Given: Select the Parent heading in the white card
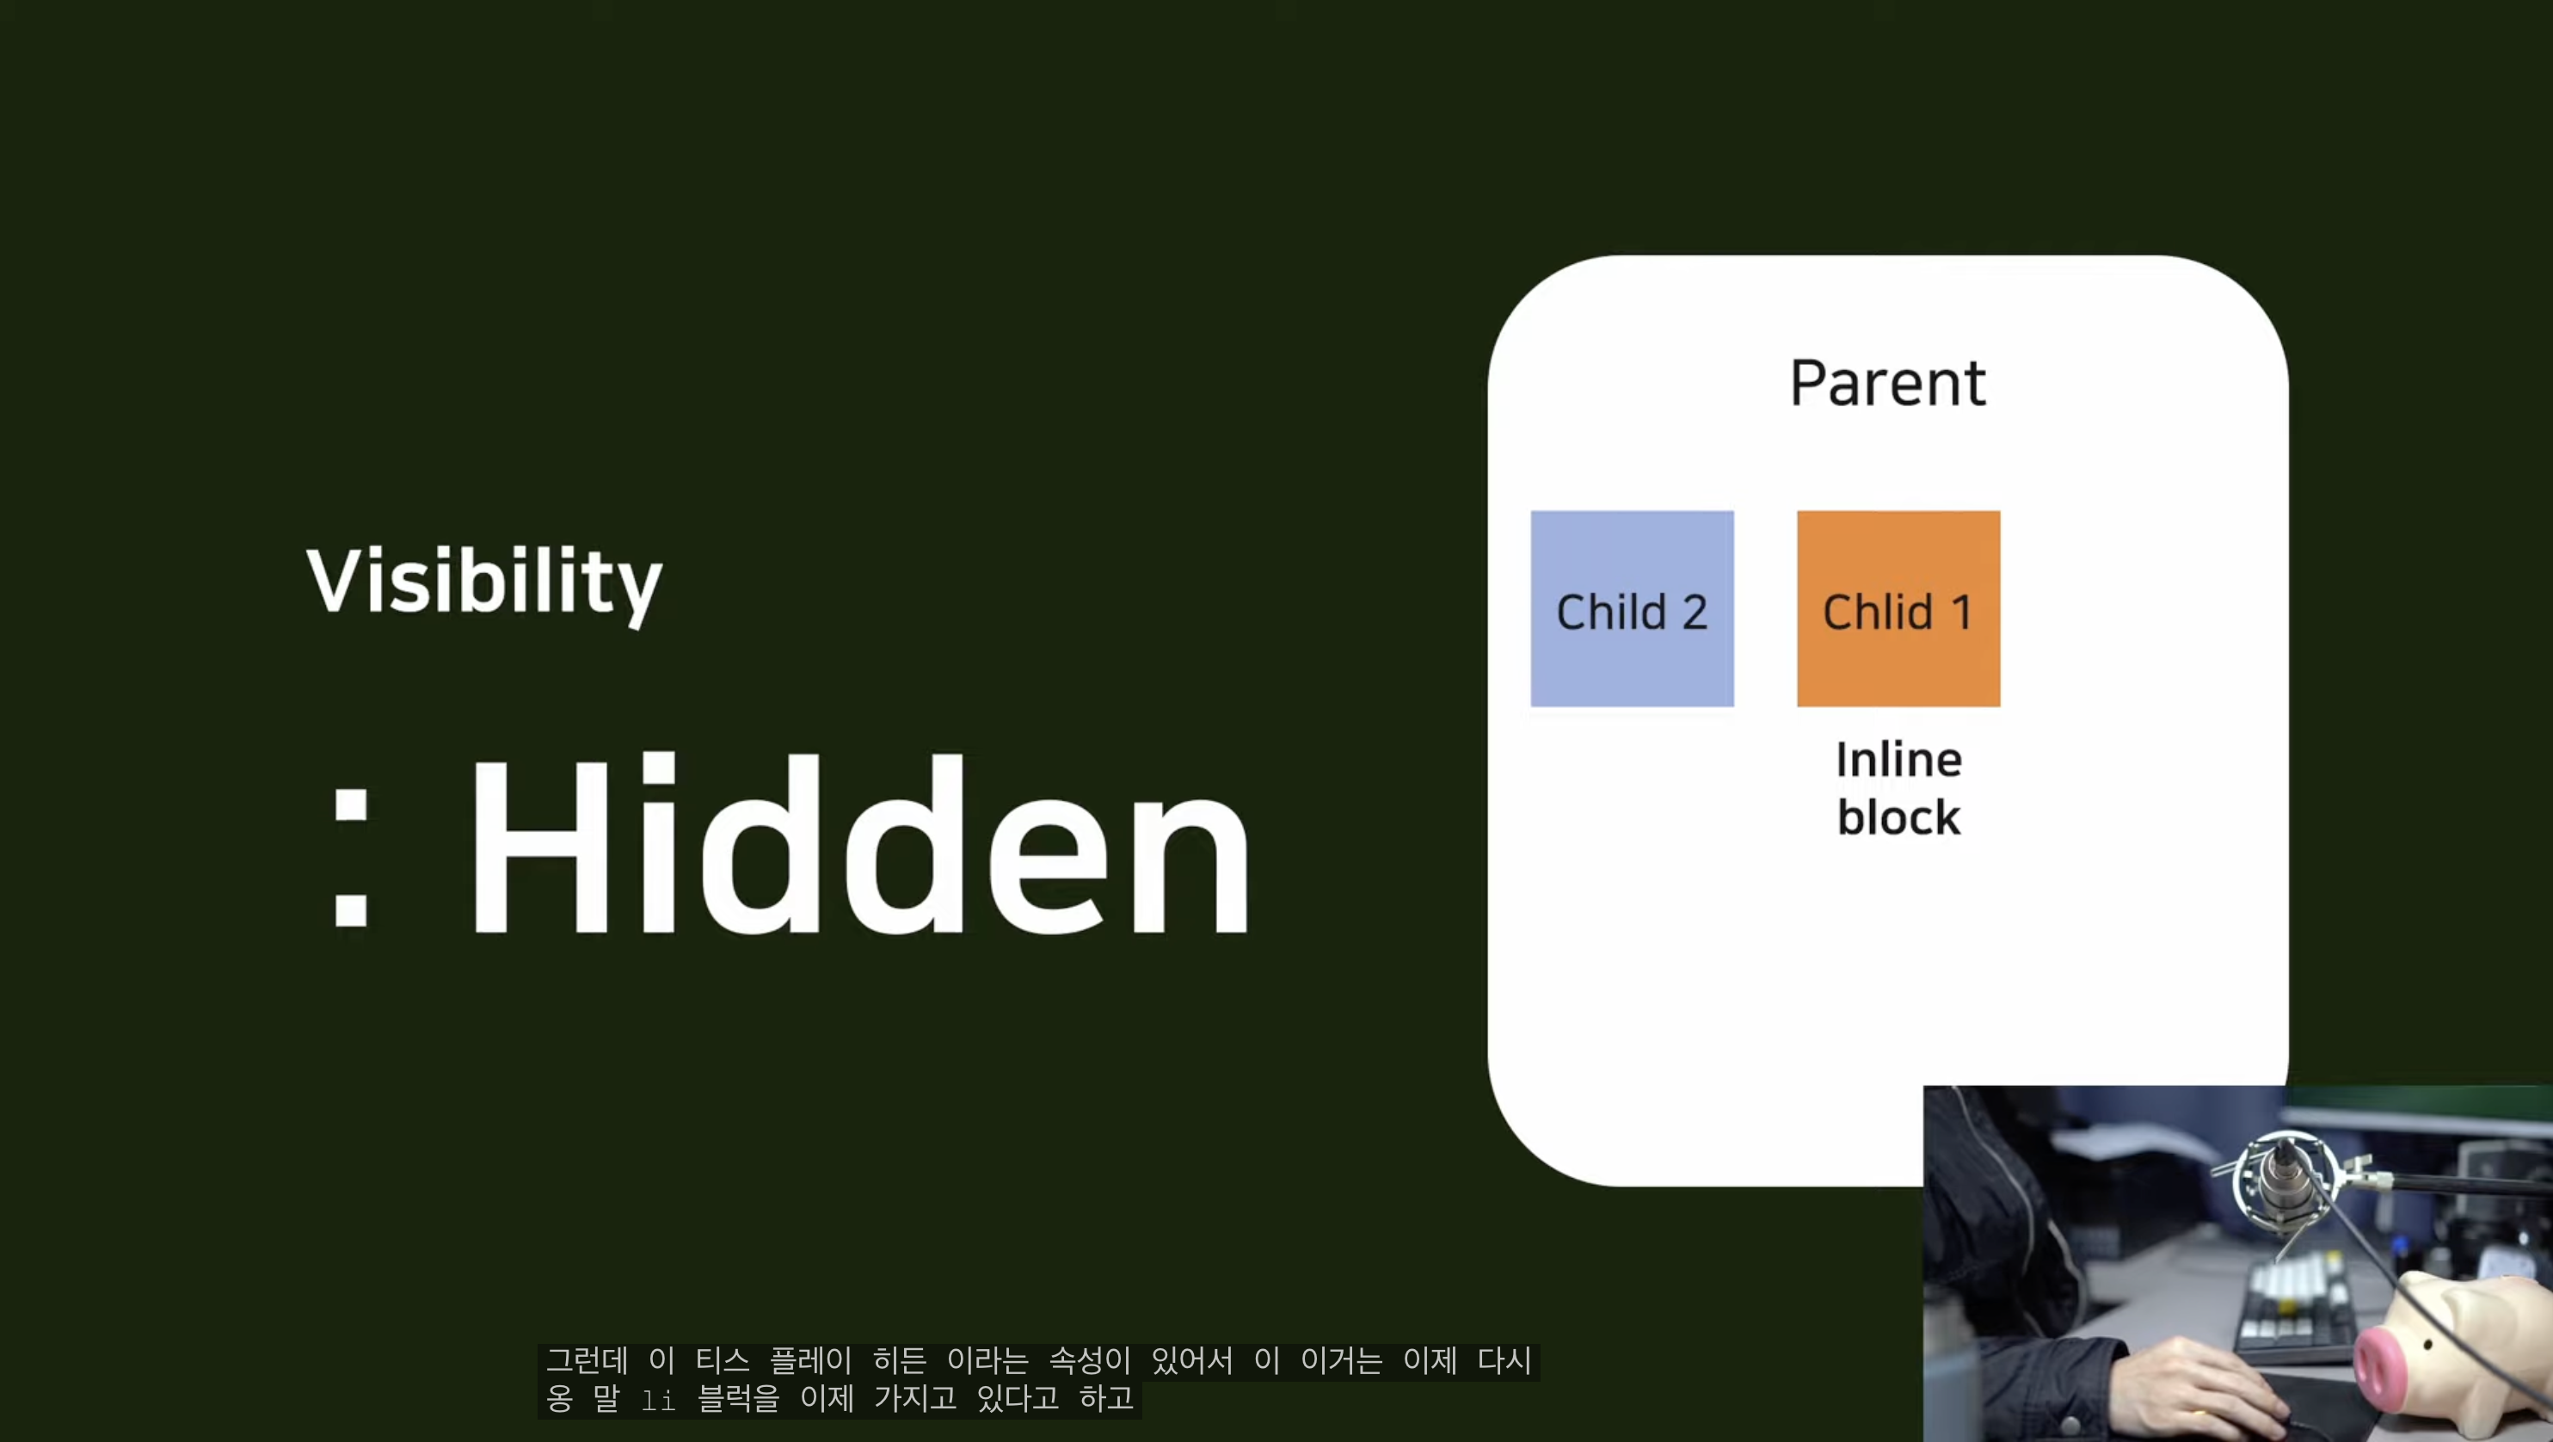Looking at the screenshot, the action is point(1887,383).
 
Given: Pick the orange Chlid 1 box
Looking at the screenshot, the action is point(1898,608).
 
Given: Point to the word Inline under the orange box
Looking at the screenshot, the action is point(1898,760).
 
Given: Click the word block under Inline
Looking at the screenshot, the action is point(1898,817).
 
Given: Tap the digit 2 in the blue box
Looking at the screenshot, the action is point(1695,612).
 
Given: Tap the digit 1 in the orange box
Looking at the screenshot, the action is point(1961,613).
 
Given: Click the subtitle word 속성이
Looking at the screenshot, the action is point(1089,1361).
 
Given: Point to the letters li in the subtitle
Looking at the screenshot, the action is point(658,1399).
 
